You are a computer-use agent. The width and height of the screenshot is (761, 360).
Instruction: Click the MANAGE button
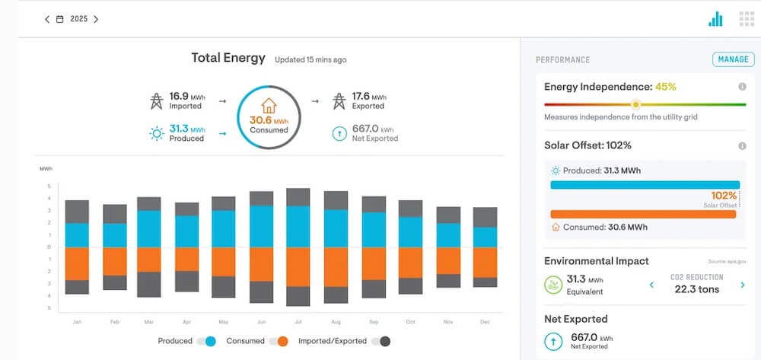click(734, 59)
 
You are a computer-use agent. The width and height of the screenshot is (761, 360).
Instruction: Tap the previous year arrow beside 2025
click(47, 19)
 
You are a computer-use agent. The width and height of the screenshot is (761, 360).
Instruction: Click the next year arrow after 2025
click(96, 19)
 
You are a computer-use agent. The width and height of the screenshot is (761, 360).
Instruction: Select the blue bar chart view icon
click(715, 19)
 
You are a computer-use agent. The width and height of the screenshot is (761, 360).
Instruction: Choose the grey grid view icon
click(747, 19)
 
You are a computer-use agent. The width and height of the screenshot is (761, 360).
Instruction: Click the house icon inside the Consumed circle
click(269, 105)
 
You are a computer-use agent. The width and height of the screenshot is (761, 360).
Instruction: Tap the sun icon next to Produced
click(156, 134)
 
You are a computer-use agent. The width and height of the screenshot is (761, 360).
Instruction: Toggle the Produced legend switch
click(206, 341)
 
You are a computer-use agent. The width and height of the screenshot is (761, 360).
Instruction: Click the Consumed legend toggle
click(279, 341)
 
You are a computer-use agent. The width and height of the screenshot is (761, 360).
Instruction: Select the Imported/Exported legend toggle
click(380, 341)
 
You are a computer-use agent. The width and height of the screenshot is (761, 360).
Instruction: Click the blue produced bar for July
click(298, 226)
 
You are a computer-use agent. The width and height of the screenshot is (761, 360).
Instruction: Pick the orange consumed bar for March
click(148, 260)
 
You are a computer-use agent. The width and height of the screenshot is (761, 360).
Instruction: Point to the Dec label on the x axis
click(485, 323)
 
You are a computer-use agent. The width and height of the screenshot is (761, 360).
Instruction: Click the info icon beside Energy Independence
click(742, 87)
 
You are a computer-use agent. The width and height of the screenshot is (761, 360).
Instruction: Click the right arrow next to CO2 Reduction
click(743, 285)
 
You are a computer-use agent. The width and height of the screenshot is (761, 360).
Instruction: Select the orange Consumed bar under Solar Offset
click(642, 215)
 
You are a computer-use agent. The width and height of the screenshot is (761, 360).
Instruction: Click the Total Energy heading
click(228, 58)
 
